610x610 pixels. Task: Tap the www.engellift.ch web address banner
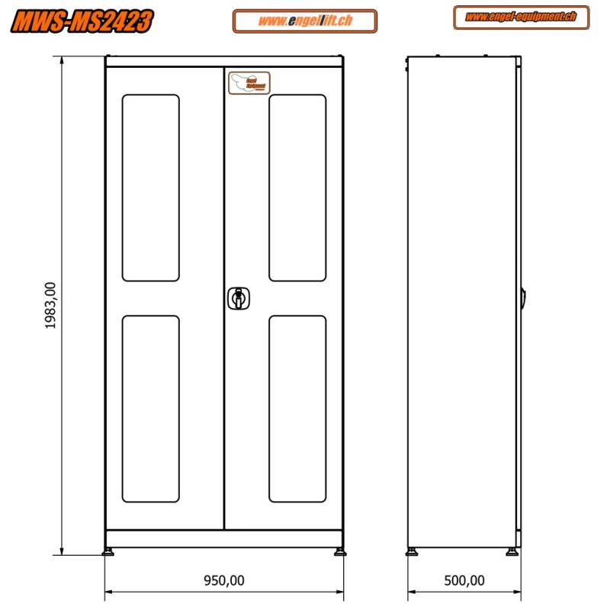305,21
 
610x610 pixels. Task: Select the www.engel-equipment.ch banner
521,18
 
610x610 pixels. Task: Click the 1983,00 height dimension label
50,305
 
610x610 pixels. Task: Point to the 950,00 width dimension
224,581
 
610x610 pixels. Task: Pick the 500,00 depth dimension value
464,581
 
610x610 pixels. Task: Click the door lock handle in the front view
239,298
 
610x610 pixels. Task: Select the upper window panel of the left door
151,188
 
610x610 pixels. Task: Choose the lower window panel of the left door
151,409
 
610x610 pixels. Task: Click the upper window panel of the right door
297,188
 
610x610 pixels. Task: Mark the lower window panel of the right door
297,409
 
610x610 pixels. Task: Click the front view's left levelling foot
110,551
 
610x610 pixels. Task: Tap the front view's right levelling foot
338,551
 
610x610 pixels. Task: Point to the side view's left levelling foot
413,551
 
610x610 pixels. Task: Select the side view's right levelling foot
513,551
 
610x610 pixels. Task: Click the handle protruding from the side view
524,298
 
